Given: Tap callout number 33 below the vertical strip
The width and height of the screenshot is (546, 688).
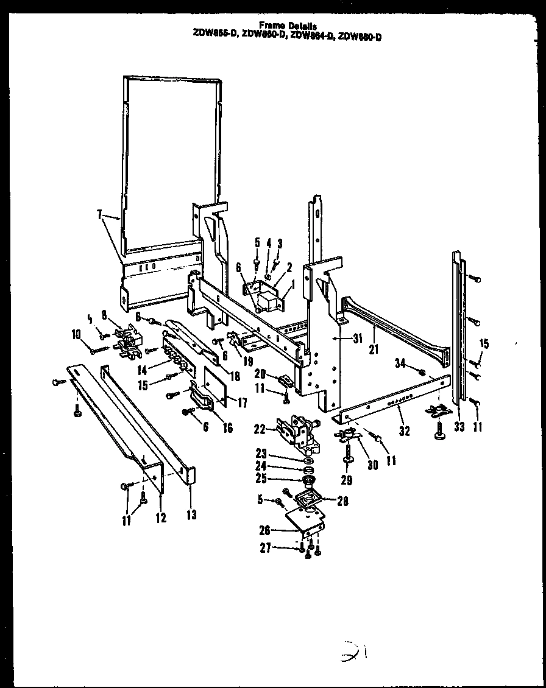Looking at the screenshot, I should (459, 428).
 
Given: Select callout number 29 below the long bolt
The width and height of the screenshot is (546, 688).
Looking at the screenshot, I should (347, 480).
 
